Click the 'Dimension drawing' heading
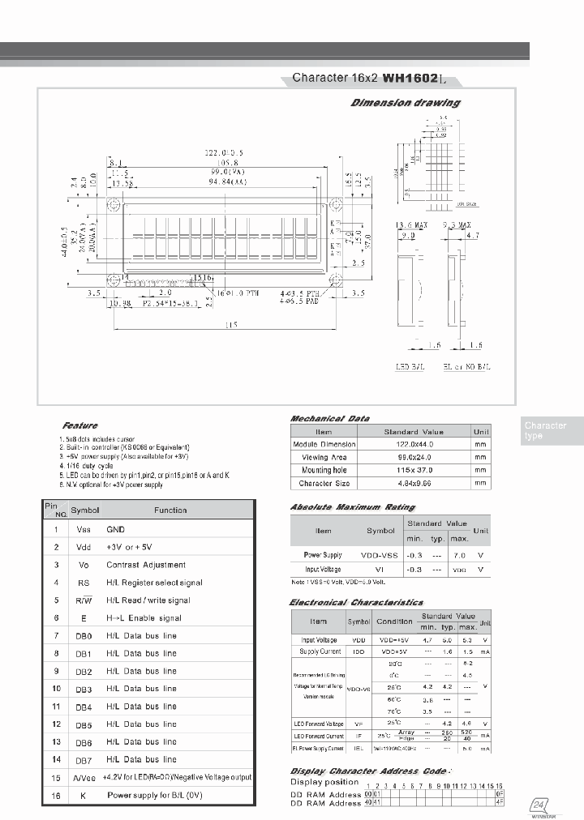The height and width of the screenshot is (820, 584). [406, 103]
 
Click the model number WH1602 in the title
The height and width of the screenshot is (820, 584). [410, 79]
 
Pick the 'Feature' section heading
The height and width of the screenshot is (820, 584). [79, 425]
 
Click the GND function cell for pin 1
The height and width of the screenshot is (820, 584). [116, 528]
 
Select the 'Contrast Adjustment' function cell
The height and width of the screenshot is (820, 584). [146, 565]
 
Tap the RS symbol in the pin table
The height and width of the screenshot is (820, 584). [84, 583]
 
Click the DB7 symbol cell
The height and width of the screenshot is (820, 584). [84, 760]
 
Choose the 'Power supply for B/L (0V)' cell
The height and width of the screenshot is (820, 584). [154, 796]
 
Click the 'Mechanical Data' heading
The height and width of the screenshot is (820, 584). [330, 418]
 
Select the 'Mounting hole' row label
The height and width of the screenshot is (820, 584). [324, 470]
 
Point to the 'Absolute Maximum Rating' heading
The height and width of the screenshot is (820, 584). [352, 507]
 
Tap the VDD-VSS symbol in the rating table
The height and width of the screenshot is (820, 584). [380, 556]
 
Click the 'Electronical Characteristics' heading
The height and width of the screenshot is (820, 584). [356, 603]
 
